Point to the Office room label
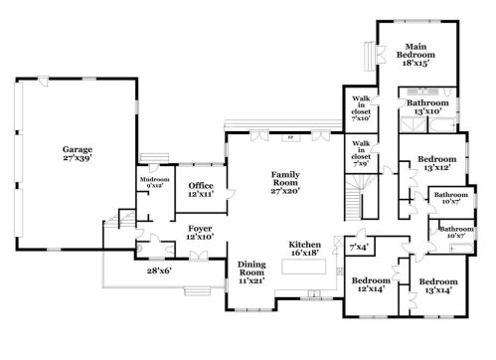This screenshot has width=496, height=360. click(202, 184)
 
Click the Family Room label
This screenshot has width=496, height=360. click(286, 179)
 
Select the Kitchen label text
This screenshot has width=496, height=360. click(304, 245)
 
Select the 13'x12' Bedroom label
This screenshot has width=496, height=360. click(436, 163)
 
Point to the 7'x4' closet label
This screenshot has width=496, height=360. click(358, 246)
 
